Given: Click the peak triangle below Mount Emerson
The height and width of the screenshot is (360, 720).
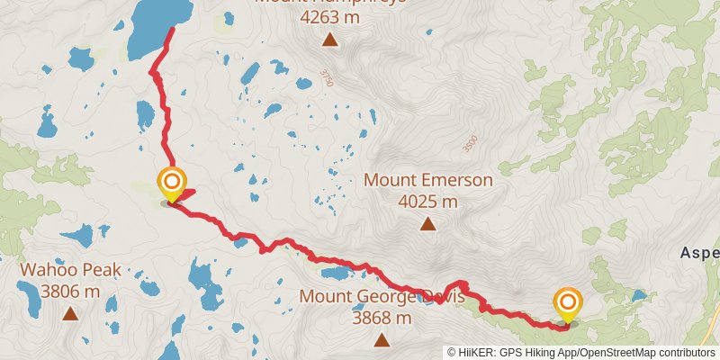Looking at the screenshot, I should (x=428, y=224).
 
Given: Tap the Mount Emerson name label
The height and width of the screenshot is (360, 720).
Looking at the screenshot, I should (x=428, y=180).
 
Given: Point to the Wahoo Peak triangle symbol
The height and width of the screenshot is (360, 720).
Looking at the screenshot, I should (x=70, y=313).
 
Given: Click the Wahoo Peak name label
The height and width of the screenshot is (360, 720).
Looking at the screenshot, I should (x=71, y=270).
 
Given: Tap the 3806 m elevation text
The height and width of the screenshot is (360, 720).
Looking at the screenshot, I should (x=71, y=291).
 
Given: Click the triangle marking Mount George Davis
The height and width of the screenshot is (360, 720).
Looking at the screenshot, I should (x=382, y=339).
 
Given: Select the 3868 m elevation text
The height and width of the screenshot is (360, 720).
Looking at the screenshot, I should (x=382, y=318).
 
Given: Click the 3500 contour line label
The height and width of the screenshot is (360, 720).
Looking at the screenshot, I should (x=468, y=143).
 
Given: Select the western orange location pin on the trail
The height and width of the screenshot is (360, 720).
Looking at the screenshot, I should (x=171, y=184).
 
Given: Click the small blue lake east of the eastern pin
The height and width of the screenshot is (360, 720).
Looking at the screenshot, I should (x=639, y=294).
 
